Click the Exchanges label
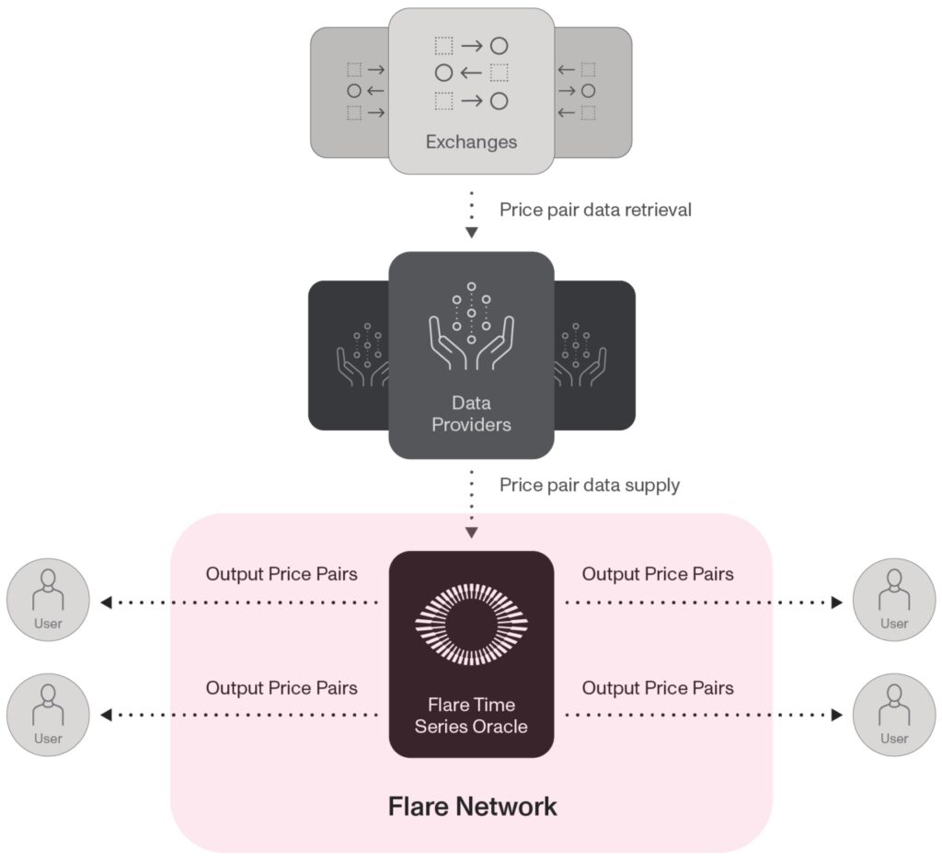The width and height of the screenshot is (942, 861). point(471,143)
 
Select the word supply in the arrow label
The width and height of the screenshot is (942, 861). point(654,485)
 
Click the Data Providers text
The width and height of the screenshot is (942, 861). point(471,414)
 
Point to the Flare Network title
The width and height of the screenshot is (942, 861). point(472,807)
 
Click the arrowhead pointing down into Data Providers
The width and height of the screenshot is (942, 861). point(471,233)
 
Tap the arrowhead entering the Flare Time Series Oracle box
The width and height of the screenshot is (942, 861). point(471,533)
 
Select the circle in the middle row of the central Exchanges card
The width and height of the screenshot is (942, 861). point(443,73)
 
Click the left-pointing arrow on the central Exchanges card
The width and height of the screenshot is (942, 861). point(471,73)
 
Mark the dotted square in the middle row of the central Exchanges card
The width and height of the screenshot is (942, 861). point(500,73)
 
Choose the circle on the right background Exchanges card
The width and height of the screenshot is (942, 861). point(589,91)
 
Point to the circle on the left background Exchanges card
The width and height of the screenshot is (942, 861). point(353,91)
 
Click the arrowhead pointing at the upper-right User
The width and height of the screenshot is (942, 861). point(836,603)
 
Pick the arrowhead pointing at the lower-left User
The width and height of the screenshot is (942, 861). point(106,714)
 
